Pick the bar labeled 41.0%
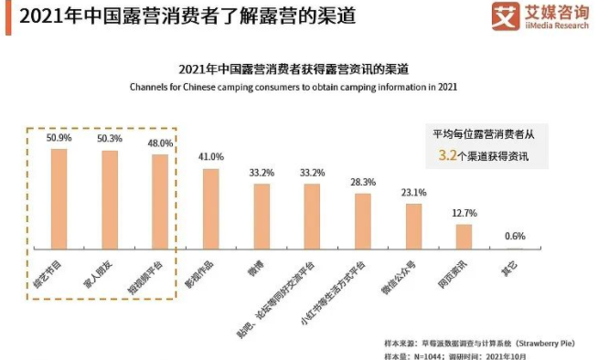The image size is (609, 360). pos(211,208)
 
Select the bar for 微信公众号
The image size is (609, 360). pos(413,226)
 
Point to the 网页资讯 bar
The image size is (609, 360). pos(465,236)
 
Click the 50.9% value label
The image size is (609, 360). pos(59,136)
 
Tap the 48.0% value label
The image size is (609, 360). pos(160,143)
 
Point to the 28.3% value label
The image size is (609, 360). pos(363,182)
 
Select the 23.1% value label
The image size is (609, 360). pos(413,193)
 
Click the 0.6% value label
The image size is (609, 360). pos(515,237)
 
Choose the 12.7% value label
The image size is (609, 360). pos(465,213)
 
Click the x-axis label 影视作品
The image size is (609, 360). pos(208,271)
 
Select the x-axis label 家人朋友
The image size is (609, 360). pos(106,271)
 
